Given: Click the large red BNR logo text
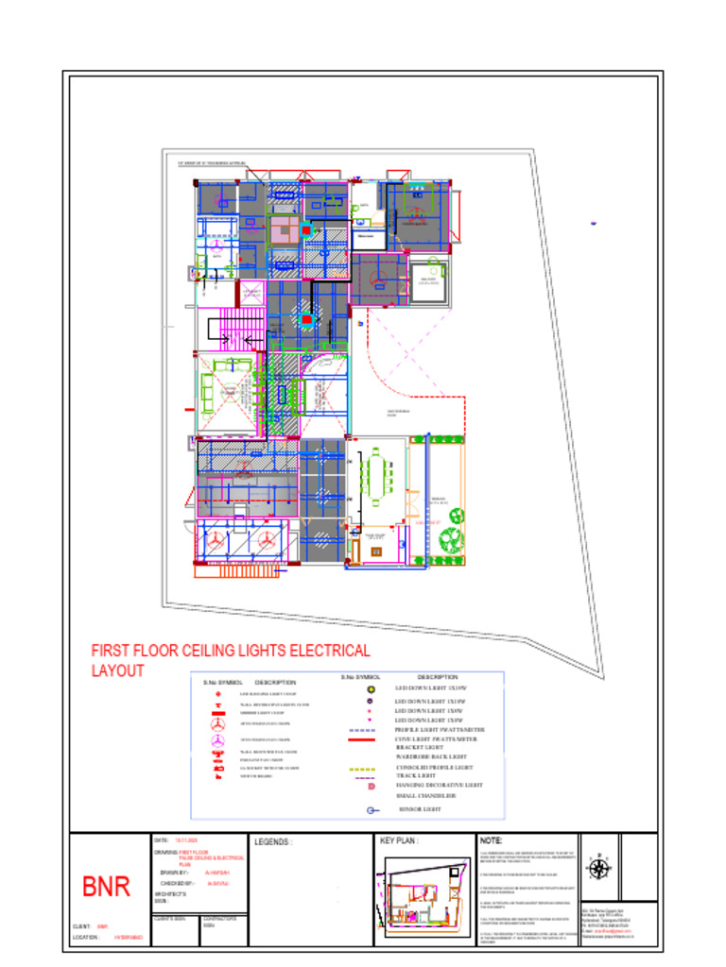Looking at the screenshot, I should (106, 887).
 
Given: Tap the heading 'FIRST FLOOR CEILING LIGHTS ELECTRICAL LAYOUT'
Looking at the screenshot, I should (230, 660).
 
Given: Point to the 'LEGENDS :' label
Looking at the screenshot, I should (275, 840).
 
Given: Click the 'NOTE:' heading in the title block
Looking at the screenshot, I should (493, 840).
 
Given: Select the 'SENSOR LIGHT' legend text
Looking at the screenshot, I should (422, 810).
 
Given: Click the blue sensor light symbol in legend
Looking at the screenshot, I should (372, 810).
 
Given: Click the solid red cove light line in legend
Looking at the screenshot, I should (363, 739).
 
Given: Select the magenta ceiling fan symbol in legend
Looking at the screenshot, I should (218, 741).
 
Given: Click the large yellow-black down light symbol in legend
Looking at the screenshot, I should (371, 689).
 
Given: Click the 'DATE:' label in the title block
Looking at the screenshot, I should (161, 840).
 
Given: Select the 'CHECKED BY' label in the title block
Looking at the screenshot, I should (177, 884).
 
